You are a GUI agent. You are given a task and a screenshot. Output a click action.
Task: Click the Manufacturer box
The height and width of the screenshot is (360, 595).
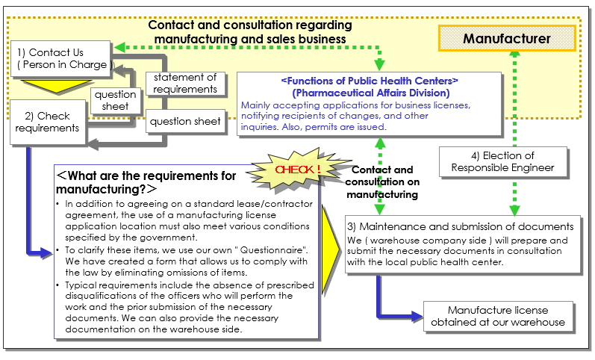click(507, 38)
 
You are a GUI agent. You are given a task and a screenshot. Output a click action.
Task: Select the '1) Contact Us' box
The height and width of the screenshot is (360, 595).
click(60, 59)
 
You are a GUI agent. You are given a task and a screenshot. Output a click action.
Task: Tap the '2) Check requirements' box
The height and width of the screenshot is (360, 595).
click(48, 122)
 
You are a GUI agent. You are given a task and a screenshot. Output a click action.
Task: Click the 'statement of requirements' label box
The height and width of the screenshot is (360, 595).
click(186, 83)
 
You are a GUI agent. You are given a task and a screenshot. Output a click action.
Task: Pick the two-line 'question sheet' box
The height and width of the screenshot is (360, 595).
click(116, 100)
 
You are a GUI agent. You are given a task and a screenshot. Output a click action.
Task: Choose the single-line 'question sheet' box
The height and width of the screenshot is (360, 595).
click(186, 121)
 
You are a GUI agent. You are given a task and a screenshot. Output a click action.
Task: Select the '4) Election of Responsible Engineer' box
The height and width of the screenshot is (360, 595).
click(502, 161)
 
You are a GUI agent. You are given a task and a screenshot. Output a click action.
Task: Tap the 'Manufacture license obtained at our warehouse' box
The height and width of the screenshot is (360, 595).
click(498, 317)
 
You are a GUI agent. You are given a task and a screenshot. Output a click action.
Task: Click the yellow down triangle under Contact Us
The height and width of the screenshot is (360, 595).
click(56, 85)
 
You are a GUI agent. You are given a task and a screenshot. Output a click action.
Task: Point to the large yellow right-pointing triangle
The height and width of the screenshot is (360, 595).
click(329, 249)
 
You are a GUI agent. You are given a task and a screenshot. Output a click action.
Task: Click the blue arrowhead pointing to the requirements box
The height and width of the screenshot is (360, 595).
click(46, 252)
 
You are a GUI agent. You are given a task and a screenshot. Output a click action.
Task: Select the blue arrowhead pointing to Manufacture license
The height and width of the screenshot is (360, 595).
click(417, 316)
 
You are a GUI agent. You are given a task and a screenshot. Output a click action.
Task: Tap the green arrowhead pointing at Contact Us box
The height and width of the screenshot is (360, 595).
click(119, 48)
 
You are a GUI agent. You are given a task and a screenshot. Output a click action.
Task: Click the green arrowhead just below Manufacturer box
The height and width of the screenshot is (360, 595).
click(514, 54)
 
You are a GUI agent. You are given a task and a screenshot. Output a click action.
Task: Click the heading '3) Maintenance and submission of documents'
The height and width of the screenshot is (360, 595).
click(461, 226)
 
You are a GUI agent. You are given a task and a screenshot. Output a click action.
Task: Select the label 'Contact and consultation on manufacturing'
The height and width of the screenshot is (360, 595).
click(382, 182)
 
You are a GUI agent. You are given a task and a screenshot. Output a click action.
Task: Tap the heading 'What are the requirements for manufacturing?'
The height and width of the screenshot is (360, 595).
click(146, 182)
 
